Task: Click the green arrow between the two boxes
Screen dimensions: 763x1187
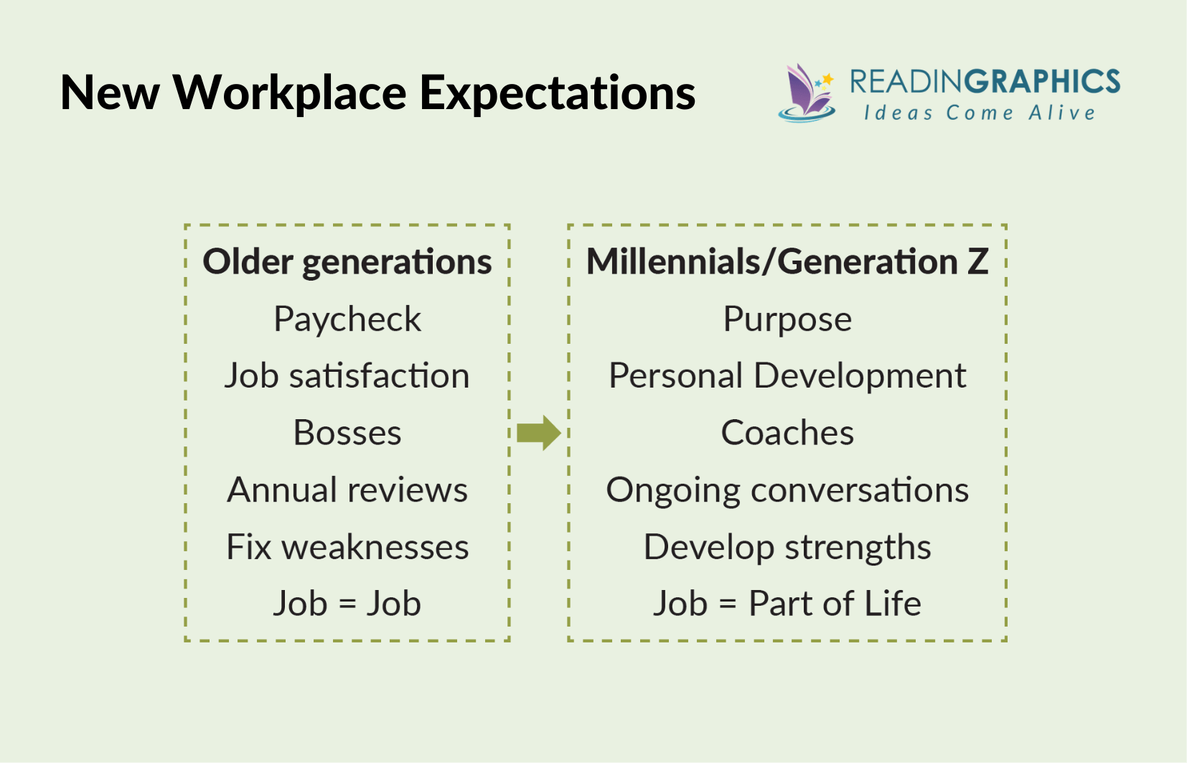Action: tap(538, 433)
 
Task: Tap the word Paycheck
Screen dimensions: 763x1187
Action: tap(347, 319)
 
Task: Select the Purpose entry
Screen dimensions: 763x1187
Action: tap(787, 319)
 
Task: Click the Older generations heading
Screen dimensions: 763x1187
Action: tap(347, 262)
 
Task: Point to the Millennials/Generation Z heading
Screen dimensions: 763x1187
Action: tap(787, 262)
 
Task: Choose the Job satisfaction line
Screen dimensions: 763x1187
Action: tap(347, 376)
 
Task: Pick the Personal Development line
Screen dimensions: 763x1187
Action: tap(787, 376)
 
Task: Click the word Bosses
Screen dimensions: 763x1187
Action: tap(347, 433)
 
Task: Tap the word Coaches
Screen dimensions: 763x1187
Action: tap(787, 433)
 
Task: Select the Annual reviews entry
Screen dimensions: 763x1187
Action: tap(347, 490)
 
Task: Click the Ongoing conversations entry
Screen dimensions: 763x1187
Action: tap(787, 490)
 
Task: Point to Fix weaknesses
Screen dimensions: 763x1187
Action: tap(347, 547)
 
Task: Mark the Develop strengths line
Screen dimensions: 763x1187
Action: tap(787, 547)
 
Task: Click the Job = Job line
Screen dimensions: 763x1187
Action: tap(347, 604)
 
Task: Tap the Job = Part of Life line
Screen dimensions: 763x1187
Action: tap(787, 604)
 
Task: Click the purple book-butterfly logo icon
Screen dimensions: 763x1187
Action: tap(807, 93)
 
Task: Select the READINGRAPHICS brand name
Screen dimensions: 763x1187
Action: tap(985, 82)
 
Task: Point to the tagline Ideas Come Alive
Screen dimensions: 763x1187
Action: tap(980, 113)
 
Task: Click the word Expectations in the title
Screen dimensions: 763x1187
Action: tap(557, 93)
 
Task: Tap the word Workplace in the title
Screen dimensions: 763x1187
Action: tap(290, 93)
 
